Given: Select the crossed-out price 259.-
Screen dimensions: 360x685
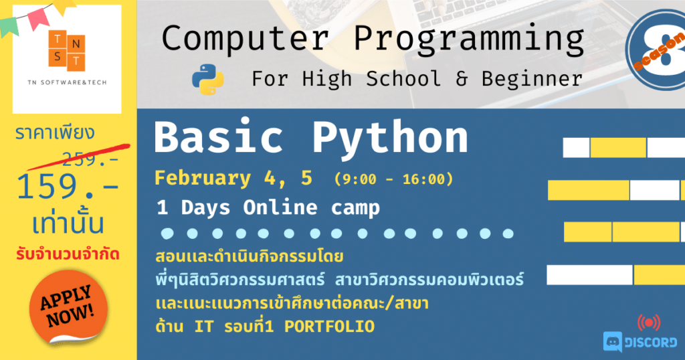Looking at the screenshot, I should [x=91, y=158].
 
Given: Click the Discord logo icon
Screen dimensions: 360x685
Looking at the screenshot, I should [x=613, y=342].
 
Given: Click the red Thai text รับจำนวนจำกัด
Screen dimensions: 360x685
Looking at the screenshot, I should [x=67, y=255].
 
